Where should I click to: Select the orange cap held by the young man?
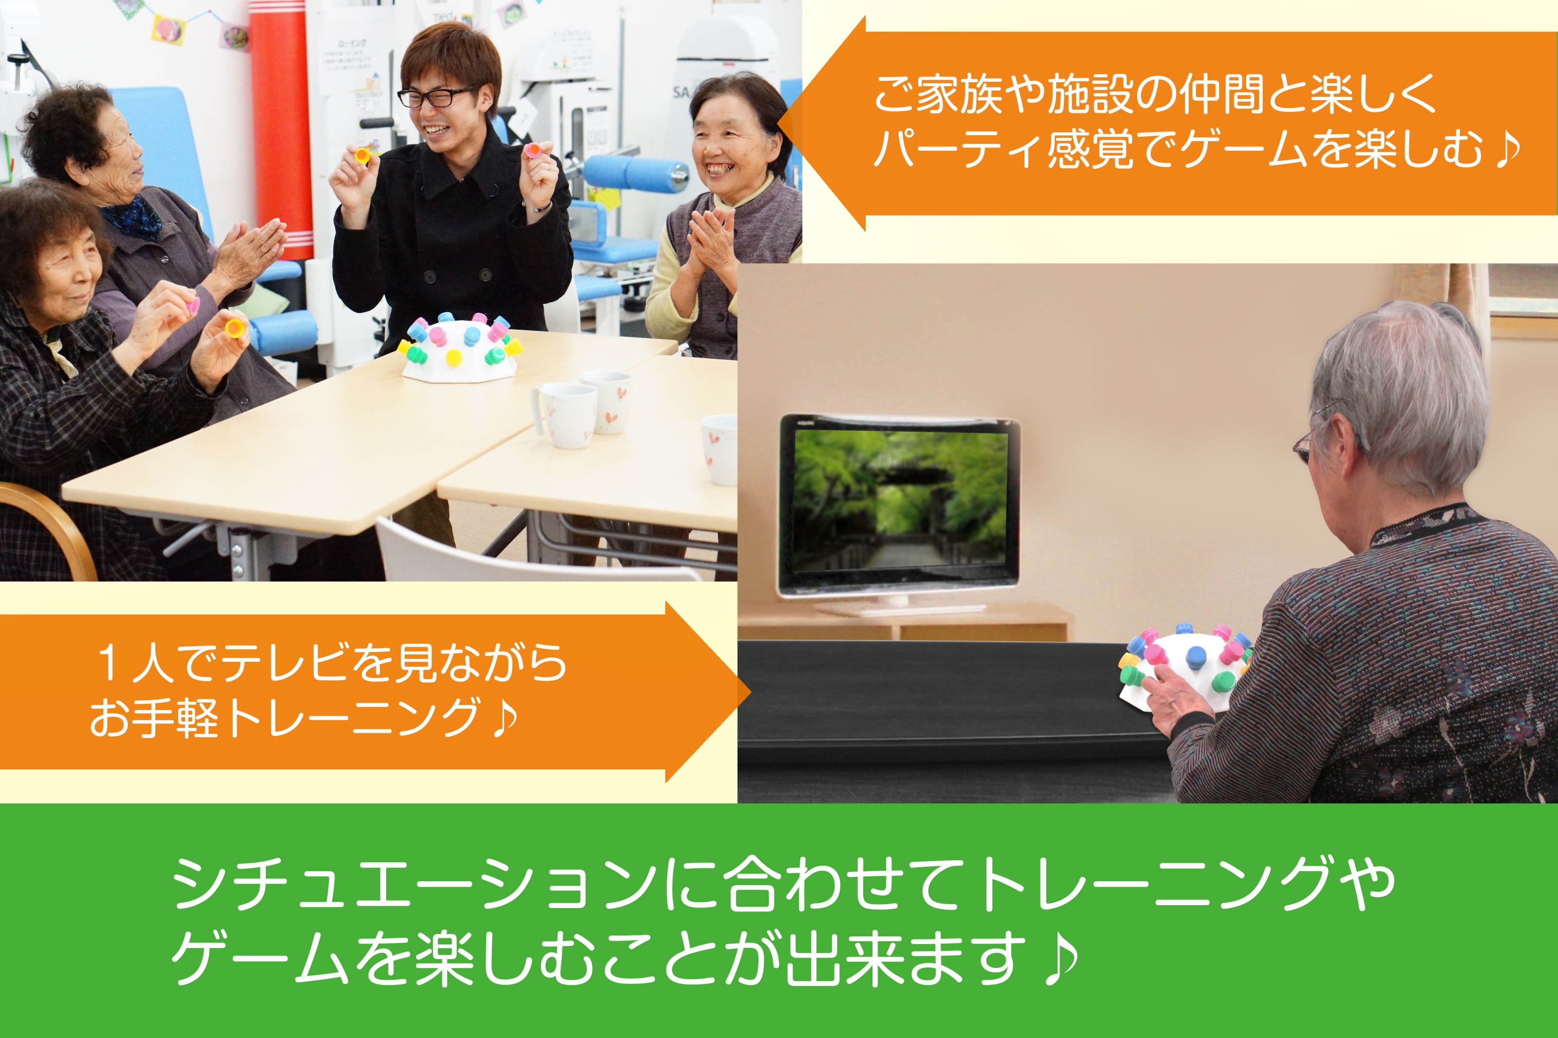click(362, 156)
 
